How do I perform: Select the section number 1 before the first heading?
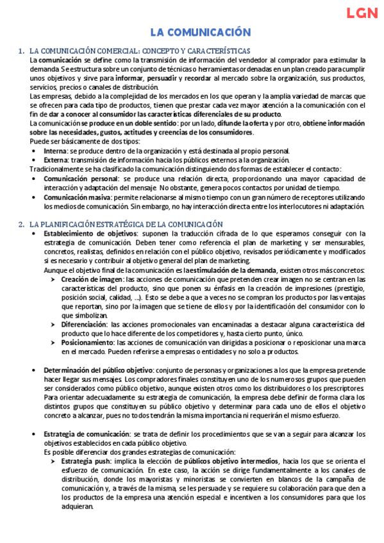click(x=21, y=51)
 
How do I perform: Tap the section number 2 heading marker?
click(x=21, y=224)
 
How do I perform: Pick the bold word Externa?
click(x=56, y=160)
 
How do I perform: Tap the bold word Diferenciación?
click(x=84, y=325)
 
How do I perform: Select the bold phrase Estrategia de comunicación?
click(x=87, y=434)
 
